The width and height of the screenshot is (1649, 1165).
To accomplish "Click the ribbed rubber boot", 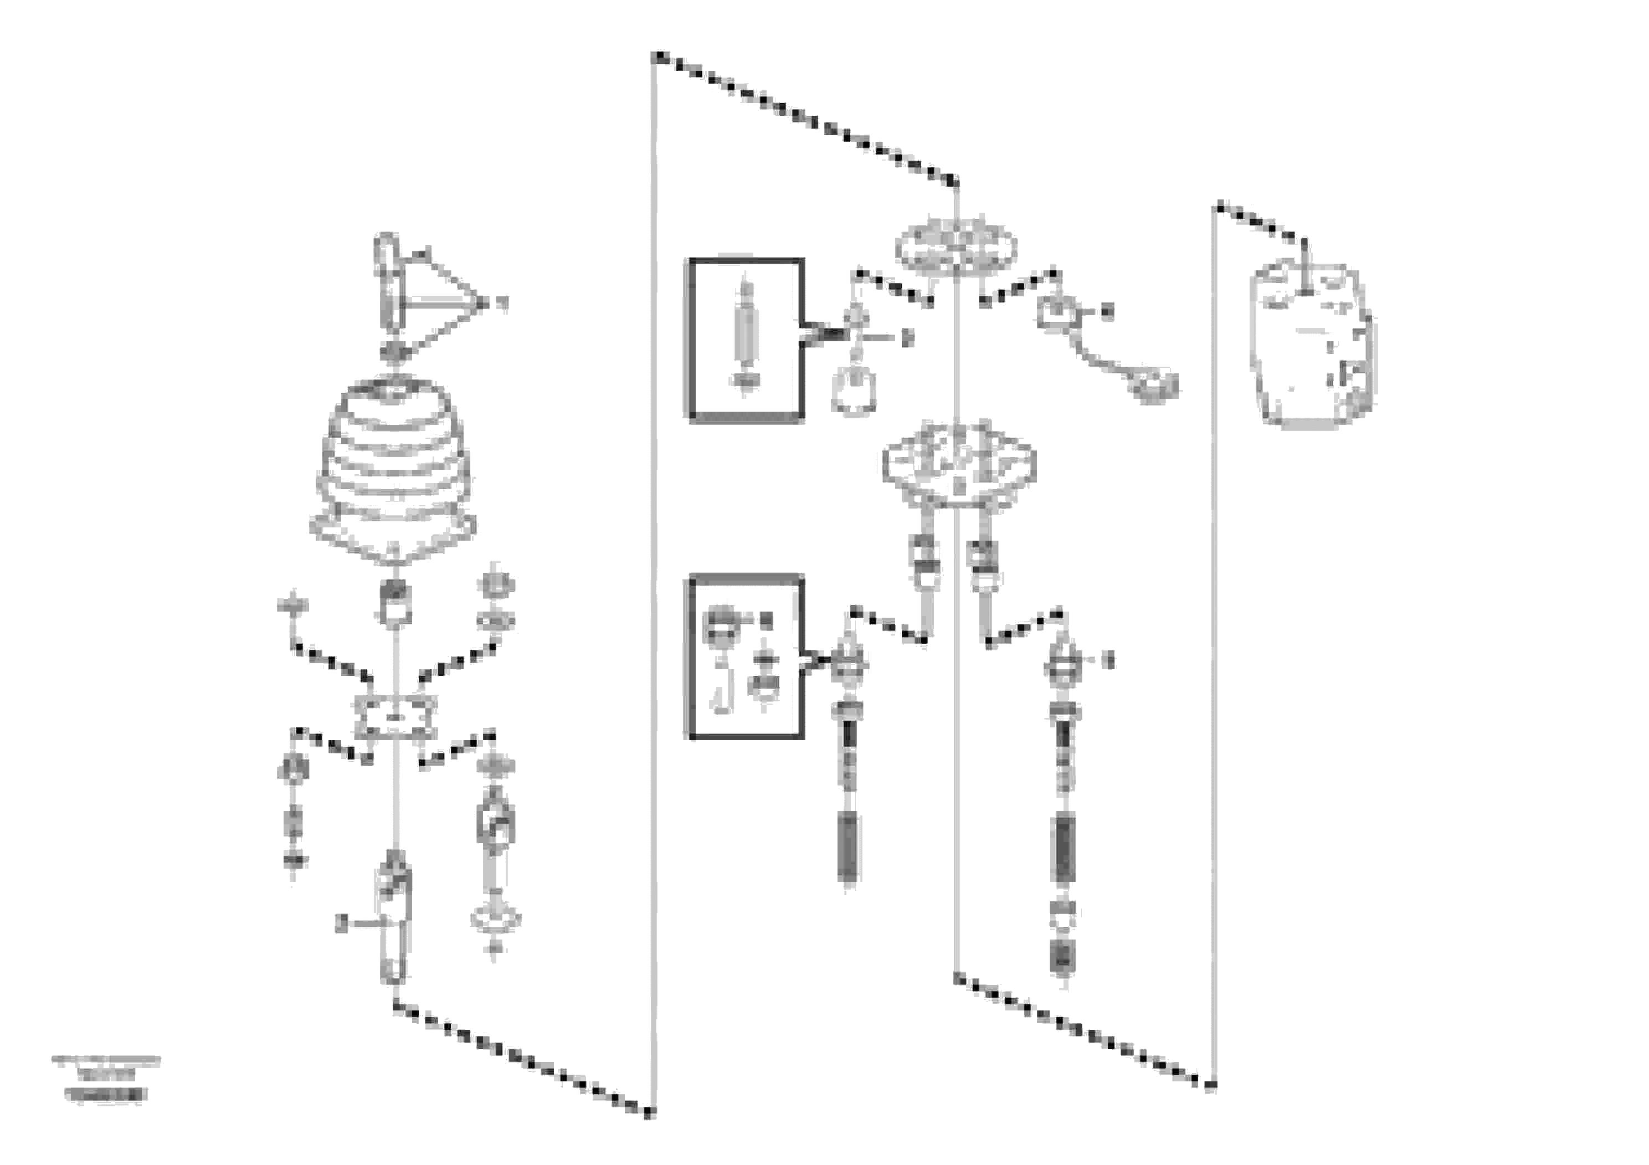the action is click(394, 467).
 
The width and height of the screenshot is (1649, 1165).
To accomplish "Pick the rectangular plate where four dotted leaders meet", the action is click(395, 717).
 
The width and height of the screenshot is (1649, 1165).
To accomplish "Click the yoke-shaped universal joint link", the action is click(495, 826).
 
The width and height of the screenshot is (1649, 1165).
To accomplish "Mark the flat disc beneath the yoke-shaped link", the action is click(495, 918).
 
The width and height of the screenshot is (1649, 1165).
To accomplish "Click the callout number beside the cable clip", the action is click(1107, 312).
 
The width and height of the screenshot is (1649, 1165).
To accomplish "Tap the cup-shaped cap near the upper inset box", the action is click(853, 392).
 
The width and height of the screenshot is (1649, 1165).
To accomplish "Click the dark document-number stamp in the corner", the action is click(106, 1095).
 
